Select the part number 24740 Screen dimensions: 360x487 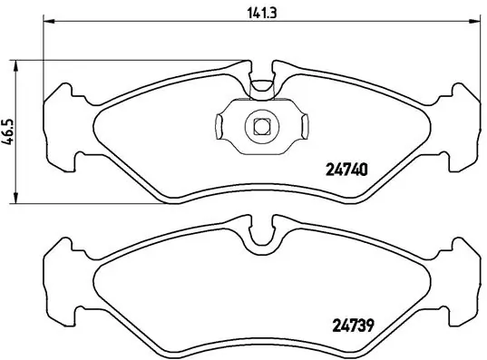pos(346,167)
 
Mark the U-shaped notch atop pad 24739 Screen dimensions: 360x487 pos(261,237)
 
